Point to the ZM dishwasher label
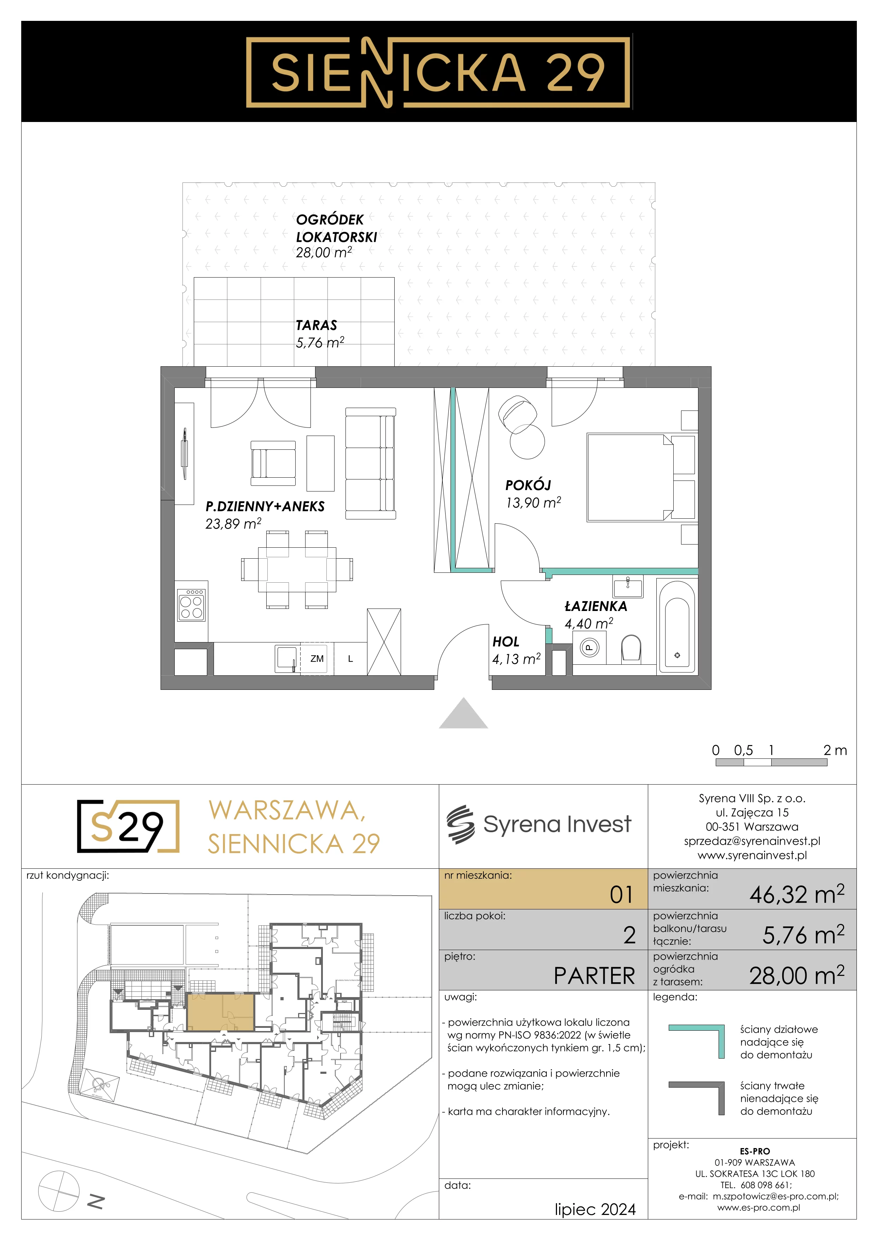pyautogui.click(x=317, y=659)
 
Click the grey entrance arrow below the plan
pyautogui.click(x=463, y=714)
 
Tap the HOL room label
pyautogui.click(x=505, y=642)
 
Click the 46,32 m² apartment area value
pyautogui.click(x=796, y=894)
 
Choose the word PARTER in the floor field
pyautogui.click(x=594, y=976)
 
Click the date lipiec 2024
pyautogui.click(x=595, y=1209)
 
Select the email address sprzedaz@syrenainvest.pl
pyautogui.click(x=752, y=841)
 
